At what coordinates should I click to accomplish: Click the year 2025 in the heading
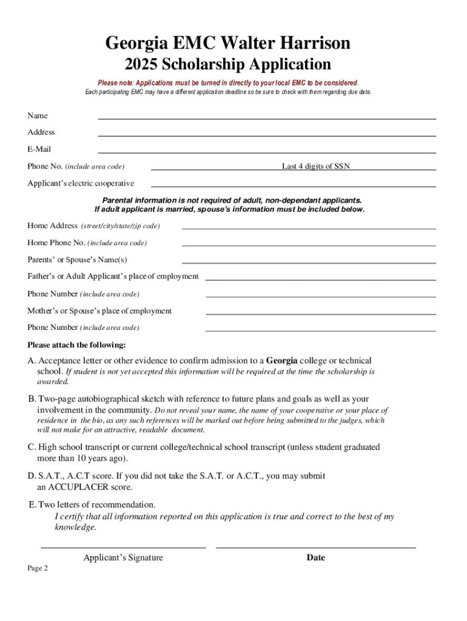point(140,64)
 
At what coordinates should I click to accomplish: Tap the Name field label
point(38,115)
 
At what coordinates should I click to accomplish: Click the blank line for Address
point(267,135)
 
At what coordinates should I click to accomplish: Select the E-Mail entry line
point(267,152)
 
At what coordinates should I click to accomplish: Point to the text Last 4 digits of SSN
point(315,166)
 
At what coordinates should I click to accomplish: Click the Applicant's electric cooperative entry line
point(294,186)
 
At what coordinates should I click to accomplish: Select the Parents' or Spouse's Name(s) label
point(78,260)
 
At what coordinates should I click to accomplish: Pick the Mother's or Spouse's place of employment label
point(99,310)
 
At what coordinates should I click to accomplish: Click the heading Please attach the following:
point(76,345)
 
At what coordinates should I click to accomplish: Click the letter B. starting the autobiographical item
point(32,399)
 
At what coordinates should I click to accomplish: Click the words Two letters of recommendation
point(97,505)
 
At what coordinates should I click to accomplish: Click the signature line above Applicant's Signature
point(123,547)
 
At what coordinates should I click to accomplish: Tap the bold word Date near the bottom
point(316,557)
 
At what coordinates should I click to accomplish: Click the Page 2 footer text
point(38,568)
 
